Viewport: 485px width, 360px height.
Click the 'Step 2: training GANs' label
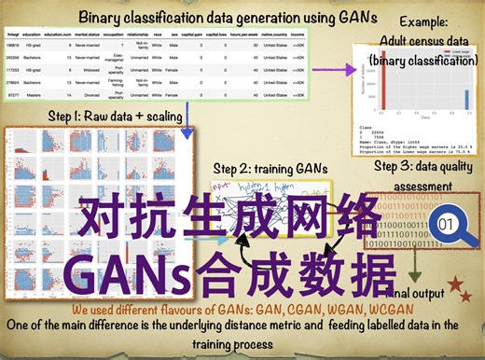click(x=271, y=168)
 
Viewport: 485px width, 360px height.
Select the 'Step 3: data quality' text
click(x=423, y=165)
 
